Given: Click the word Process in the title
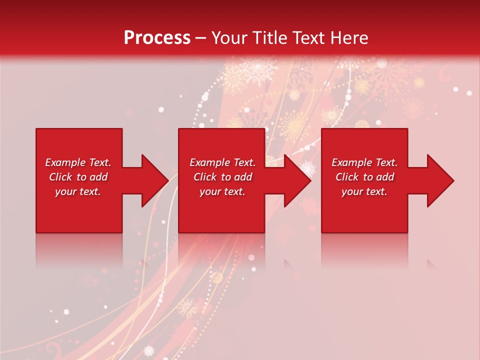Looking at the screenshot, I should [x=157, y=38].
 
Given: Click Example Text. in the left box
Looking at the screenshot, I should [x=78, y=162].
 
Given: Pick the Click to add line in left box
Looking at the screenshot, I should [x=78, y=177].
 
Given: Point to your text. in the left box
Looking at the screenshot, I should [x=78, y=191].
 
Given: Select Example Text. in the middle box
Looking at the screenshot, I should [x=222, y=162].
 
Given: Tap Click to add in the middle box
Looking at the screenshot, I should [x=222, y=177].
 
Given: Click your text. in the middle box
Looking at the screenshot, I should [x=222, y=191].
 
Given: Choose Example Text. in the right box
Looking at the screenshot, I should [x=364, y=162].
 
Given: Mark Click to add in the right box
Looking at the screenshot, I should [x=364, y=177].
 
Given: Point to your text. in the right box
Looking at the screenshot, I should [x=364, y=191].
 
